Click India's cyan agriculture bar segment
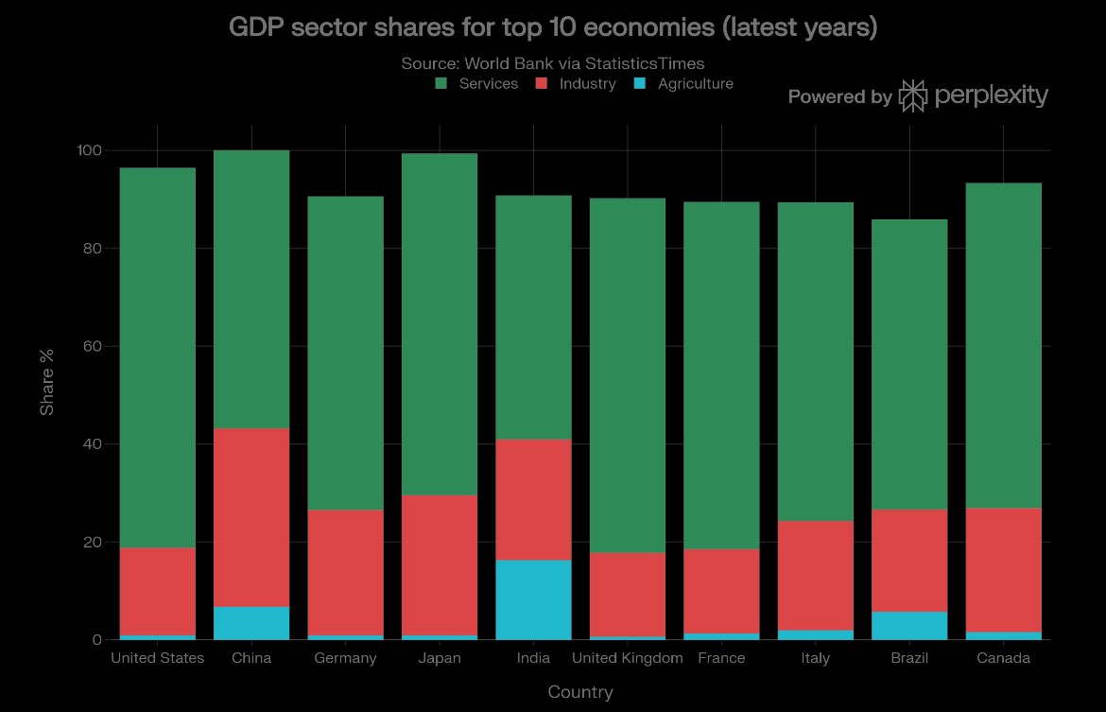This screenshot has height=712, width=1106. (x=533, y=599)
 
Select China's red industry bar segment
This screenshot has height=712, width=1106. (x=251, y=517)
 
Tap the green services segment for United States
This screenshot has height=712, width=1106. (x=157, y=357)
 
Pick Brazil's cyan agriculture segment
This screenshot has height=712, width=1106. (x=909, y=625)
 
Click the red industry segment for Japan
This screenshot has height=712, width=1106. (x=440, y=565)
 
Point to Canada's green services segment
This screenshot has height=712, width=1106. (x=1003, y=346)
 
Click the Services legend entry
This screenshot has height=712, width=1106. (x=476, y=84)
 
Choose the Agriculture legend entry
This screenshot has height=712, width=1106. (x=683, y=84)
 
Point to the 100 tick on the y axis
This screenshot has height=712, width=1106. (x=89, y=150)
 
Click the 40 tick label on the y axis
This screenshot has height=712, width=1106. (x=93, y=443)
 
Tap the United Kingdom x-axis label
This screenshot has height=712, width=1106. (x=627, y=658)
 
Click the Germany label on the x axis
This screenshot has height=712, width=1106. (x=345, y=658)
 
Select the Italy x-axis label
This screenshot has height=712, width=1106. (x=816, y=658)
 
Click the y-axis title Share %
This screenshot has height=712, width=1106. (x=46, y=382)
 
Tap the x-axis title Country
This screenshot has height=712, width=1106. (x=580, y=691)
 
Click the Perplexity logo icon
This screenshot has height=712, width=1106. (x=913, y=96)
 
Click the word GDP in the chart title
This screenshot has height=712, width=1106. (x=256, y=26)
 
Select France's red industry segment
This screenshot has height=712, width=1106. (x=721, y=591)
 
